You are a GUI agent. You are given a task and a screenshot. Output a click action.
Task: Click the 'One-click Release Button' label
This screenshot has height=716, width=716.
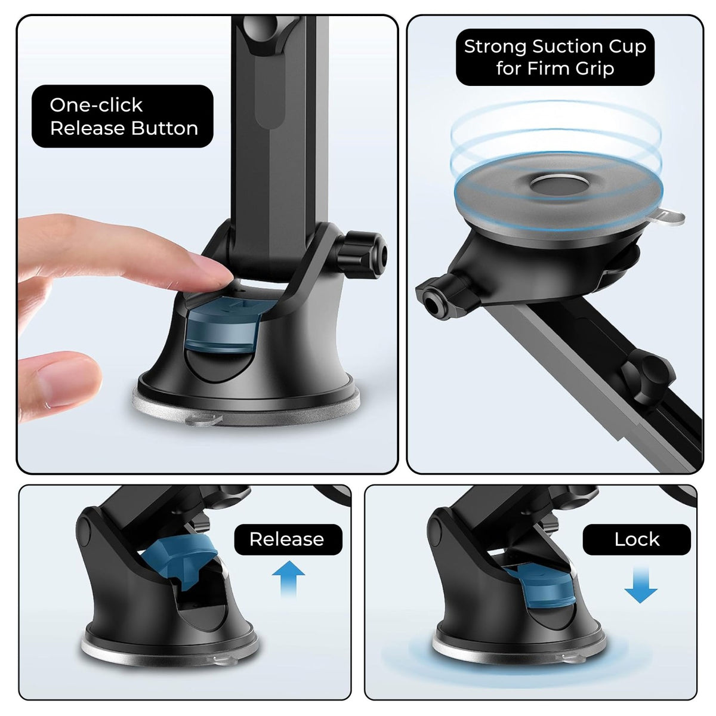click(122, 116)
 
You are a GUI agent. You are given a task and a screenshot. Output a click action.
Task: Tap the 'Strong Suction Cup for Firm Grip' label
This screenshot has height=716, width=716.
click(555, 57)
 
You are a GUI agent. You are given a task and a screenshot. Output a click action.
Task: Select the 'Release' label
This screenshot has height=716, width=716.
click(287, 539)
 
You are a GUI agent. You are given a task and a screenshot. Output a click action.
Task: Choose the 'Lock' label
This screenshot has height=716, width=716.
click(637, 539)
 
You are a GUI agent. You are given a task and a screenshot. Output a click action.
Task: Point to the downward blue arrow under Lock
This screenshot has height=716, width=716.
click(641, 586)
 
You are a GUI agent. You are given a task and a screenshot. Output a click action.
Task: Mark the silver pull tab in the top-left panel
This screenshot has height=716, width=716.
click(197, 421)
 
